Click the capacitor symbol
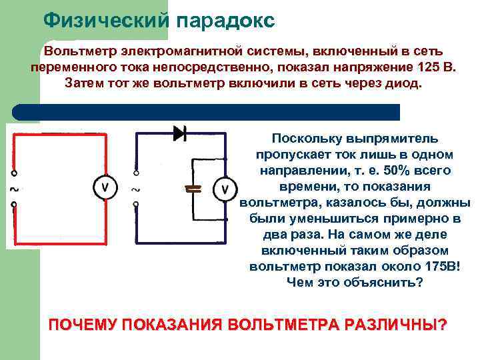pyautogui.click(x=193, y=187)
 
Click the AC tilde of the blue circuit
pyautogui.click(x=137, y=189)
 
